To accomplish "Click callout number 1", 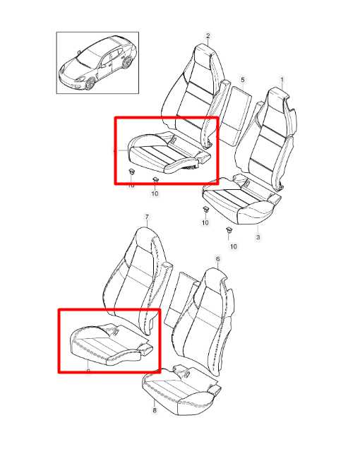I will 282,80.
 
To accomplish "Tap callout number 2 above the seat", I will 208,35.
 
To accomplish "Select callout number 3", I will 258,237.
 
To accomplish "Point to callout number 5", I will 242,80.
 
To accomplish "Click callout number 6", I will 217,260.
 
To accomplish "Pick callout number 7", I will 146,217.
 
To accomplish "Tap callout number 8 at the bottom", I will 154,409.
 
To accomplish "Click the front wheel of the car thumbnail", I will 90,84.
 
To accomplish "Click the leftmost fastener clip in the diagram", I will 131,172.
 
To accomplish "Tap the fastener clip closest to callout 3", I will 229,231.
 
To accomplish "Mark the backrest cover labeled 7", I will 138,272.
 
